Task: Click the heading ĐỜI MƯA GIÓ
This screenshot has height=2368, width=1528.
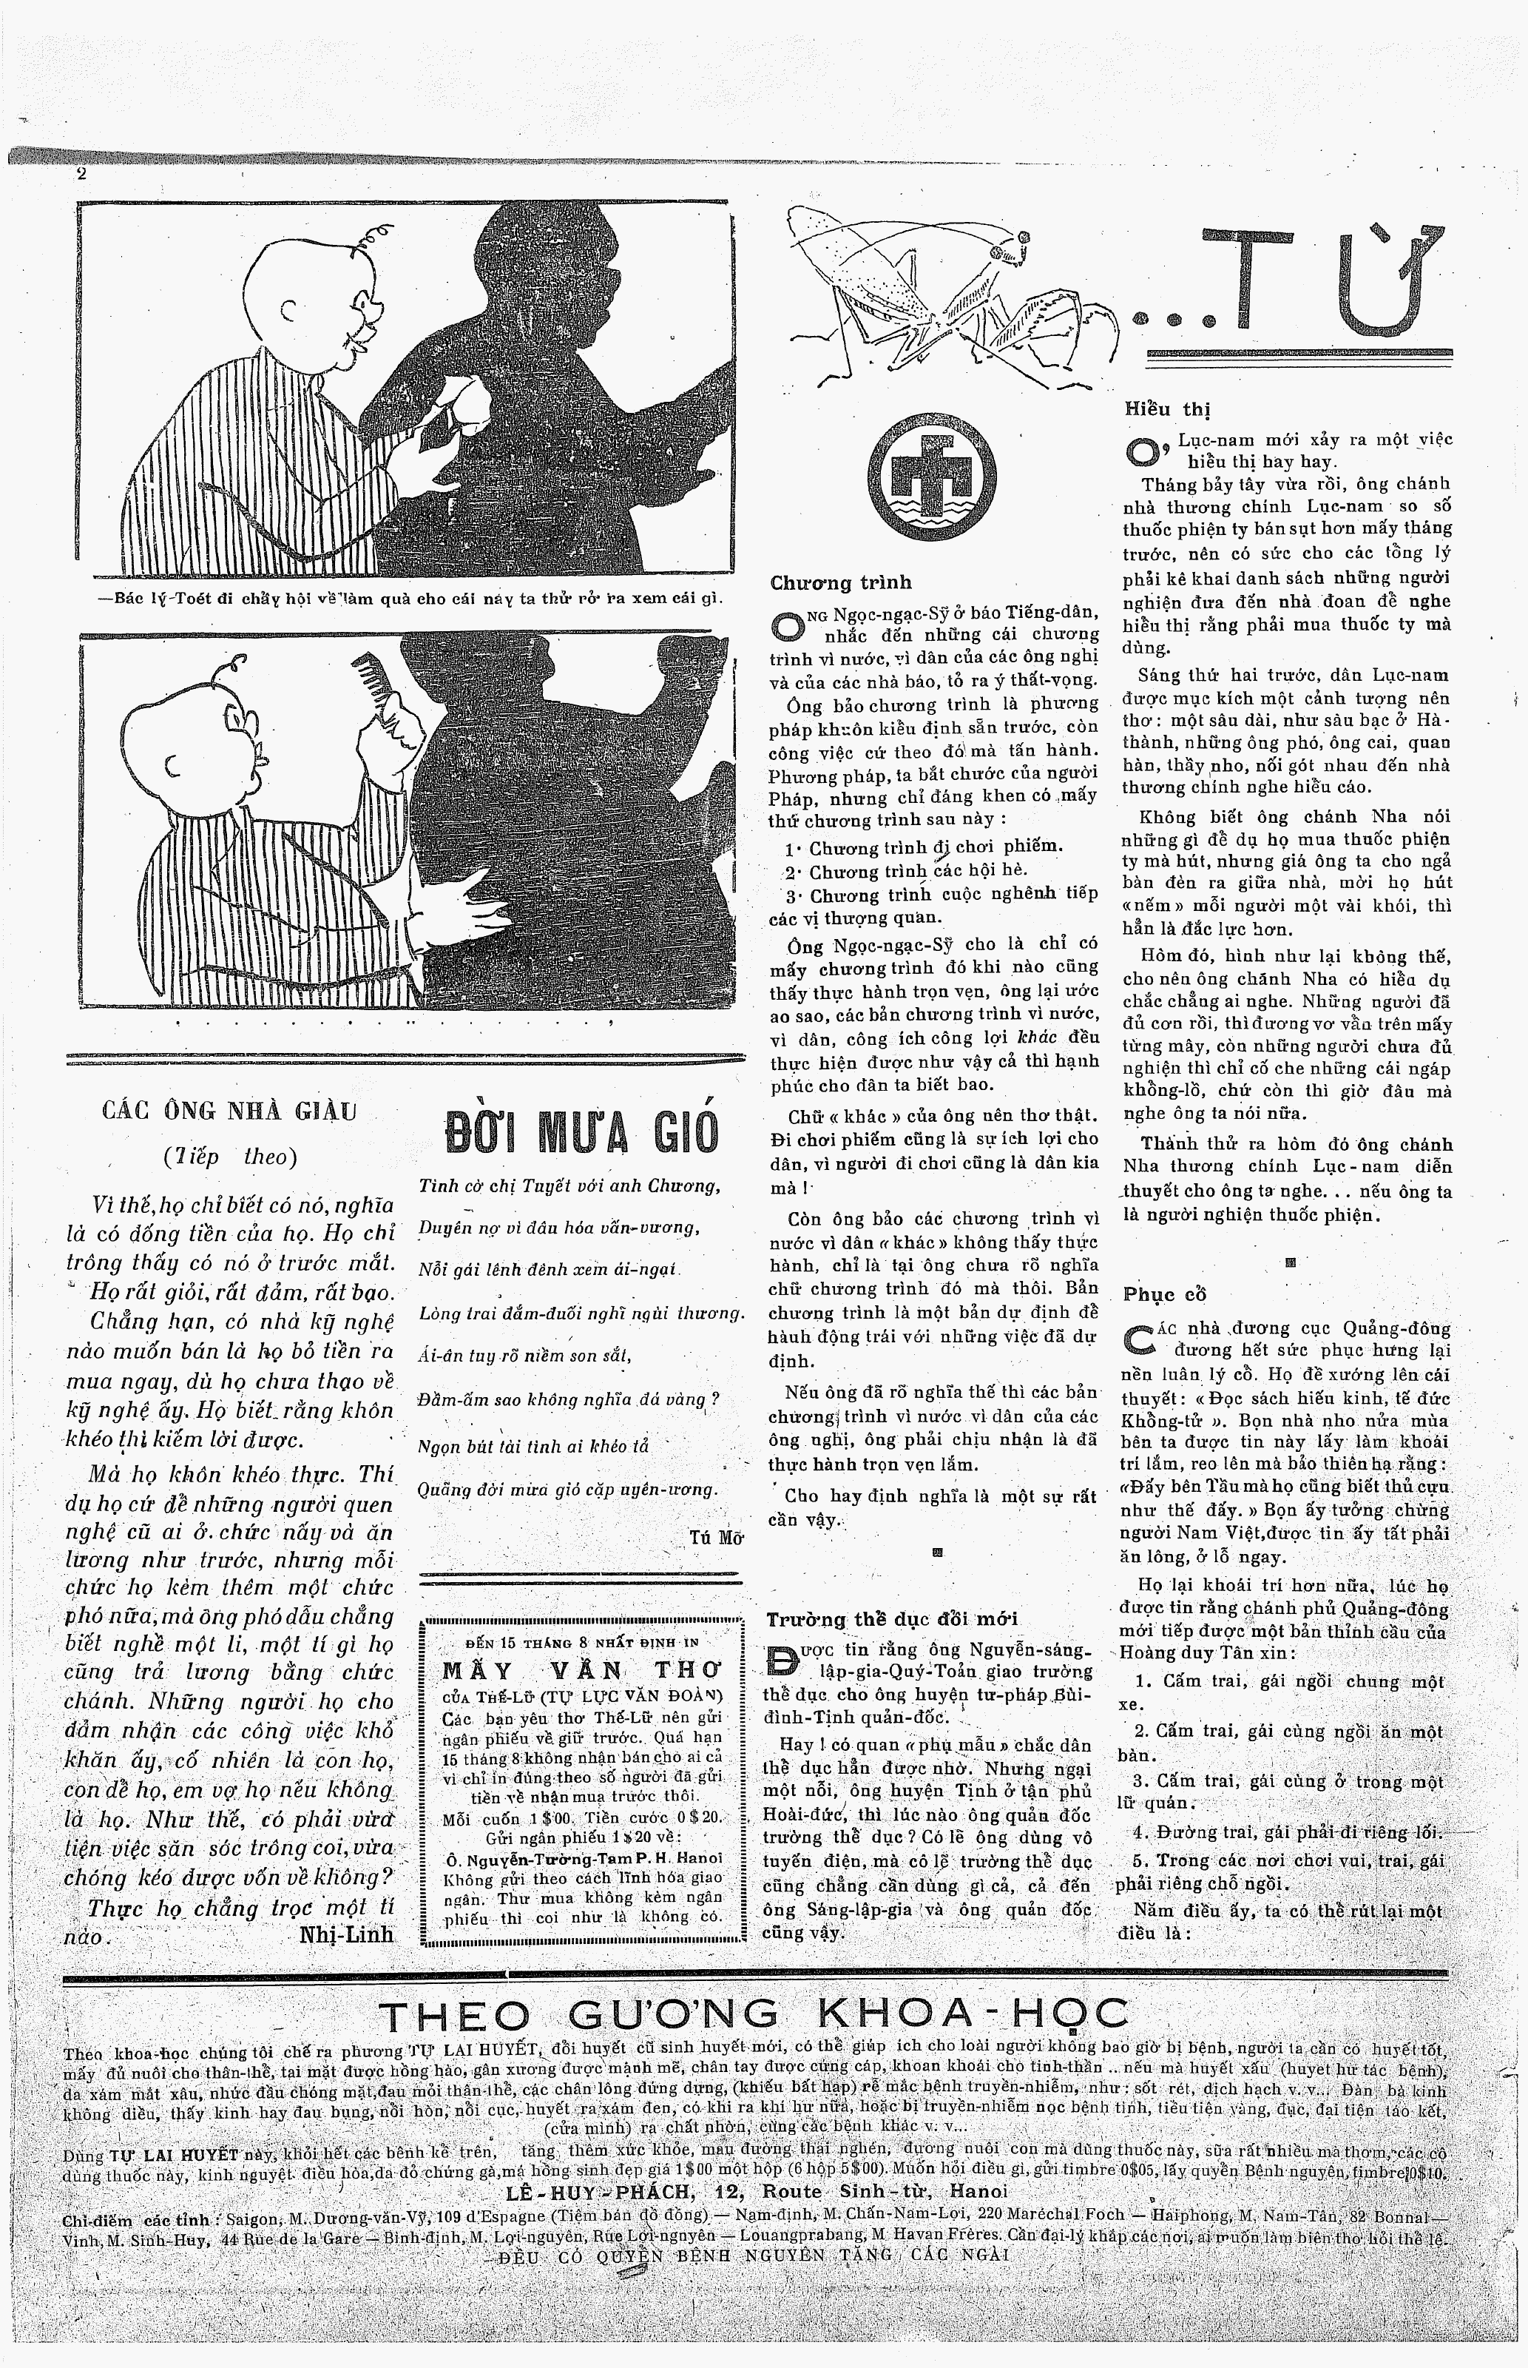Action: click(581, 1132)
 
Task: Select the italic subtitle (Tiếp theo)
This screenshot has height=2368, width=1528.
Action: click(229, 1155)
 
